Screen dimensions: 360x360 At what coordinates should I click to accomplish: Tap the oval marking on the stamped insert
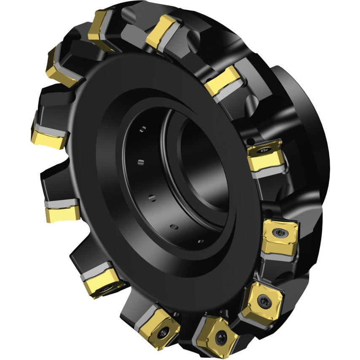pos(265,148)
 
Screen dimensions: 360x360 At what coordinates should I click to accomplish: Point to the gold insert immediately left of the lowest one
pos(163,325)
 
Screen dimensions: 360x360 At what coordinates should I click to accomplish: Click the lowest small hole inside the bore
pos(200,241)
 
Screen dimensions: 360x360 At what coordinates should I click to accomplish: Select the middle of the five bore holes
pos(150,196)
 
